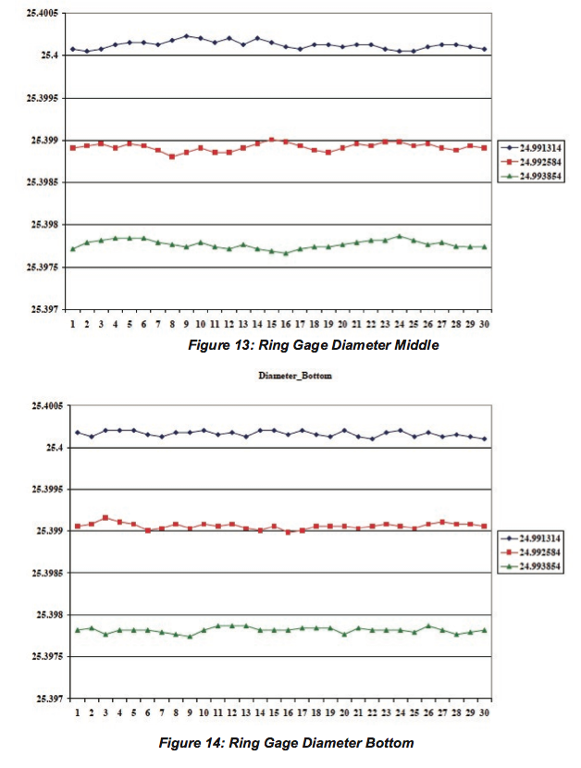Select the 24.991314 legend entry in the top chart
coord(534,147)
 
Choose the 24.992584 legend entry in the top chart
coord(534,161)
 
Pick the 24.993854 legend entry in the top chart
coord(534,176)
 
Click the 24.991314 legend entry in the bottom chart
coord(534,537)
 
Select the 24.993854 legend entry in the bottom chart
coord(534,565)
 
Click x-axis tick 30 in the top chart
coord(484,326)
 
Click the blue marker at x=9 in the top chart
coord(186,36)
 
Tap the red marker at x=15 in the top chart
coord(271,140)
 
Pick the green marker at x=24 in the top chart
coord(399,236)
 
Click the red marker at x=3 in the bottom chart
coord(105,517)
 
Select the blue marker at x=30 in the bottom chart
coord(484,439)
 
